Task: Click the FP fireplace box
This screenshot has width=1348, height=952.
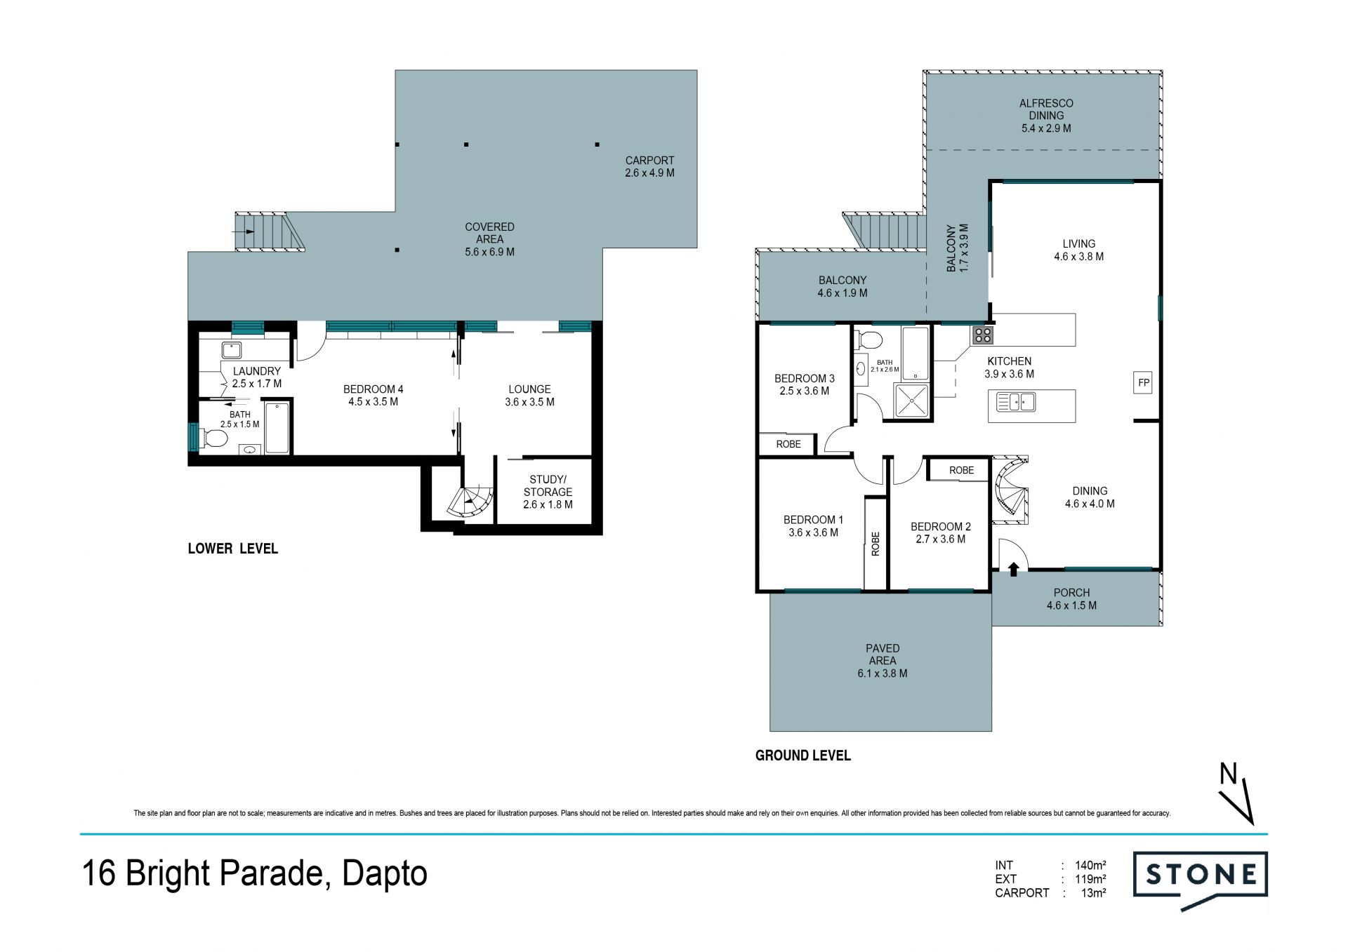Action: click(1143, 382)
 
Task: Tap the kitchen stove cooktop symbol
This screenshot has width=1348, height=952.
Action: click(982, 335)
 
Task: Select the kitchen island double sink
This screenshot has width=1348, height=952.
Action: click(1016, 402)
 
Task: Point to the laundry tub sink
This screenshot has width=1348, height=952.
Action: click(232, 349)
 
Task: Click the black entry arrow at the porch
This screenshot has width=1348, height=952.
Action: click(1013, 569)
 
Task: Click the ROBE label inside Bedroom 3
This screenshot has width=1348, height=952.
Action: click(788, 444)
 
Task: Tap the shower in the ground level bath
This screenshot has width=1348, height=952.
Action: click(912, 401)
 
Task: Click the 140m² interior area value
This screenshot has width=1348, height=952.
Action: click(1090, 865)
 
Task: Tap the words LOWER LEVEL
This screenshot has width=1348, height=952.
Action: click(232, 549)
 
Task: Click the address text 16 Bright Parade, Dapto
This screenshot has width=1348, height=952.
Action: click(255, 873)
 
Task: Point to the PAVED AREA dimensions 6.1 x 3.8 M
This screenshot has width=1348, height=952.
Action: click(882, 673)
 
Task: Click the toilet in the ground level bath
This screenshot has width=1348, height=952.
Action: click(869, 340)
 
